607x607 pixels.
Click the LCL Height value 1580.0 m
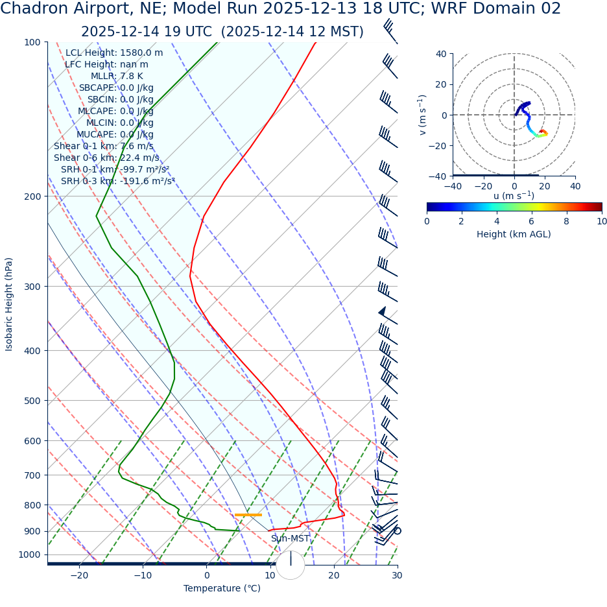(x=141, y=53)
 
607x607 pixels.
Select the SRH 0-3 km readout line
(x=118, y=181)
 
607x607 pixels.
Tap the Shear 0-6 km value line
(x=106, y=158)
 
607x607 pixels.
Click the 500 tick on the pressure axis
(x=32, y=401)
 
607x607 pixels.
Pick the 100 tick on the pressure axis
(x=32, y=43)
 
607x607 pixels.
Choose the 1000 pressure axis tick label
(x=29, y=555)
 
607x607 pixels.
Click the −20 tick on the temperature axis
(x=79, y=575)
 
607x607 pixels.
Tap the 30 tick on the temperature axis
(x=397, y=575)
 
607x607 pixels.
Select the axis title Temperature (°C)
(x=222, y=589)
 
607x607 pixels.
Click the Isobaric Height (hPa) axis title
(x=9, y=304)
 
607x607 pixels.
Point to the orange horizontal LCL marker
(x=248, y=515)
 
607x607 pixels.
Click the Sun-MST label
(x=290, y=539)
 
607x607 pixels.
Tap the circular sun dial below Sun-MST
(x=291, y=564)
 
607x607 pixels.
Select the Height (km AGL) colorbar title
(x=514, y=234)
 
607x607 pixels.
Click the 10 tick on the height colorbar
(x=601, y=221)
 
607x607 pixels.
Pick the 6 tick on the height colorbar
(x=532, y=221)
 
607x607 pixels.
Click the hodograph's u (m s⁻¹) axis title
(x=514, y=195)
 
